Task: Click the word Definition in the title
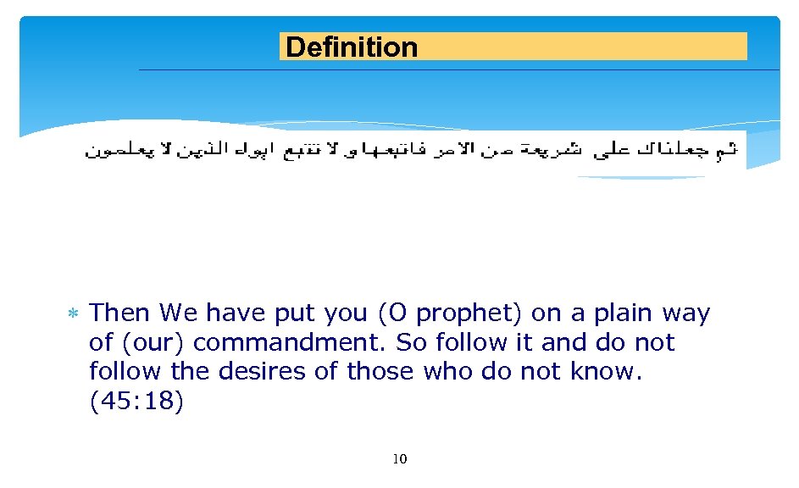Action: (x=352, y=47)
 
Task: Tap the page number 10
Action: (x=400, y=459)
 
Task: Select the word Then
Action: (x=119, y=313)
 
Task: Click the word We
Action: (x=178, y=313)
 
